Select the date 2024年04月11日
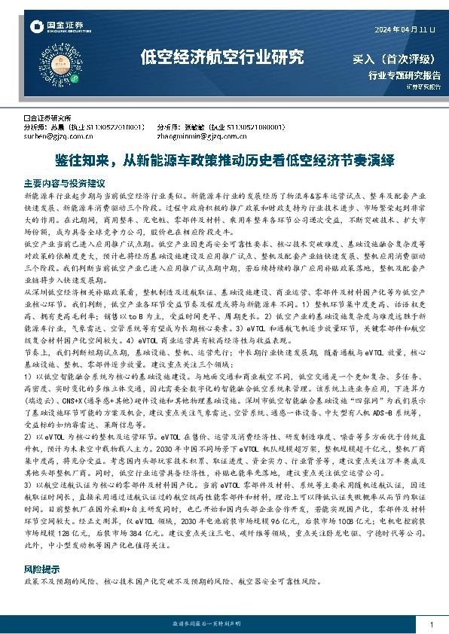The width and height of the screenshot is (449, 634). pos(405,29)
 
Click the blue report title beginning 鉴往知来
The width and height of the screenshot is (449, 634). pos(224,160)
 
